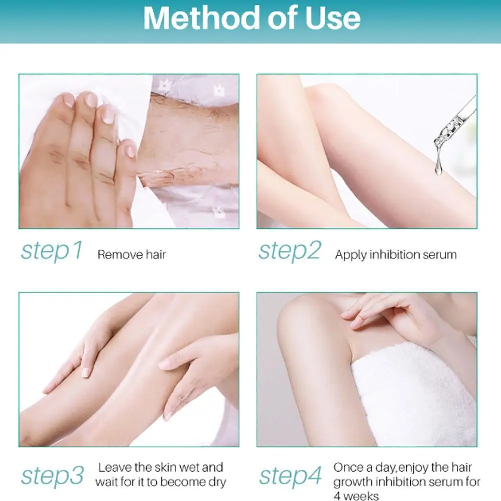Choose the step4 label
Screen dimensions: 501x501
pyautogui.click(x=290, y=476)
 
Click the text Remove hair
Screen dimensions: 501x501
pyautogui.click(x=131, y=255)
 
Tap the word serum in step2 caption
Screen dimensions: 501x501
pyautogui.click(x=438, y=255)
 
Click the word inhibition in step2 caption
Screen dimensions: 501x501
pyautogui.click(x=394, y=255)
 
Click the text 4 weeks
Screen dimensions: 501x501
pyautogui.click(x=356, y=496)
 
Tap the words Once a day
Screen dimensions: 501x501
pyautogui.click(x=359, y=468)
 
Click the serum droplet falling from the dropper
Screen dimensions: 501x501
pyautogui.click(x=439, y=160)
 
